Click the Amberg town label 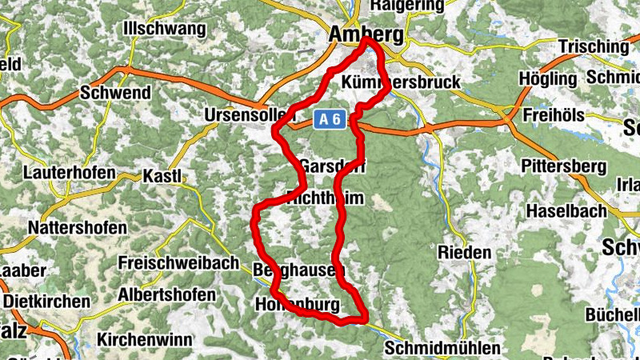pyautogui.click(x=366, y=35)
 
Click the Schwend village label pyautogui.click(x=115, y=93)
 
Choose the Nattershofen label pyautogui.click(x=77, y=227)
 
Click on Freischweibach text pyautogui.click(x=178, y=262)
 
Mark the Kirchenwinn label pyautogui.click(x=145, y=339)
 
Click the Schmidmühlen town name pyautogui.click(x=442, y=349)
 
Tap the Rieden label pyautogui.click(x=465, y=252)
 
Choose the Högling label pyautogui.click(x=548, y=79)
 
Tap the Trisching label pyautogui.click(x=594, y=46)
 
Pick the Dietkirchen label pyautogui.click(x=47, y=302)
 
